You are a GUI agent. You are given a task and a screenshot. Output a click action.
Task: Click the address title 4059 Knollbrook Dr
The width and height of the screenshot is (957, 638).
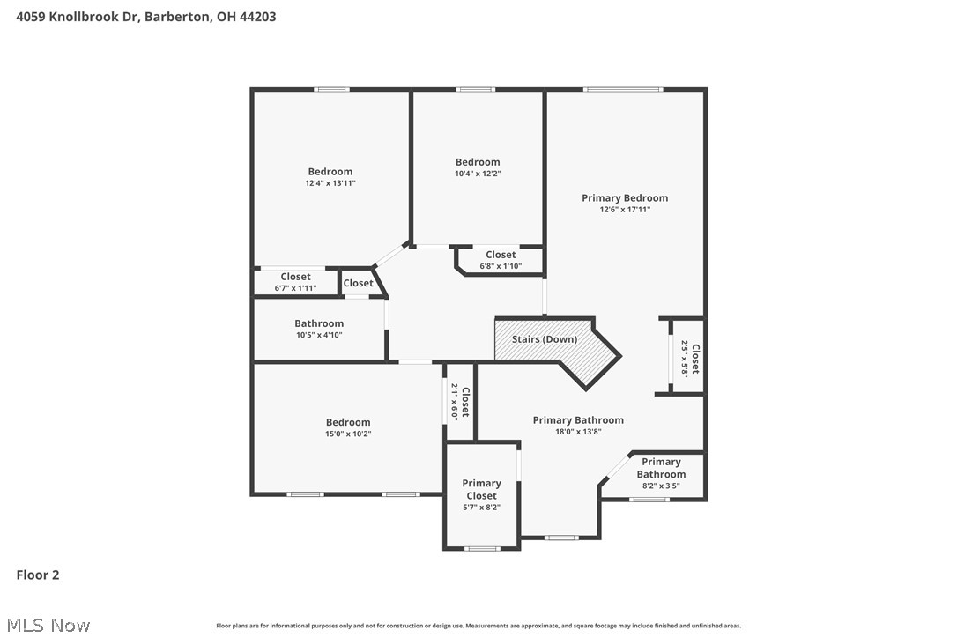tap(145, 16)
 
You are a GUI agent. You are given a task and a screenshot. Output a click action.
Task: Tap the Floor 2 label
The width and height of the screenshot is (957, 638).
tap(38, 575)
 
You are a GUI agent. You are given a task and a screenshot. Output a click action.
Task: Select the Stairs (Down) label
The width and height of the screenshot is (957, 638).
tap(545, 339)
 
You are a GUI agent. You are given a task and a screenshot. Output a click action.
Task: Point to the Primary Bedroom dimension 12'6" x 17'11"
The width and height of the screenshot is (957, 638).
tap(624, 210)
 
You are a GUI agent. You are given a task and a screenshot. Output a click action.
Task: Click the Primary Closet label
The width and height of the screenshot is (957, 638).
tap(481, 489)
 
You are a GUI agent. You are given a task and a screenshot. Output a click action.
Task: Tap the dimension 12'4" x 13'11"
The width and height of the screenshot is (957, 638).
tap(330, 183)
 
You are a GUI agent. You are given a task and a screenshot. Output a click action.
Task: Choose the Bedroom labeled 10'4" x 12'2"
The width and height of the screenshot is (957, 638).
tap(478, 162)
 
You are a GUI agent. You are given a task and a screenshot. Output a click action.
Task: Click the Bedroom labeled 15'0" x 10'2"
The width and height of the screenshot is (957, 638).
tap(348, 422)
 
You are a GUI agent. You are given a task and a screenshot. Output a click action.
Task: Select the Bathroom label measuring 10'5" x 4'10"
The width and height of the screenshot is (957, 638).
tap(319, 323)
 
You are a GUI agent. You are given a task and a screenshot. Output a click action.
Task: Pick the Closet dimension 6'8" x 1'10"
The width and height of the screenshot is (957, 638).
tap(501, 266)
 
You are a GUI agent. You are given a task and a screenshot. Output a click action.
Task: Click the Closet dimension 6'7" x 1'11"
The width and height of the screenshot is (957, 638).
tap(295, 288)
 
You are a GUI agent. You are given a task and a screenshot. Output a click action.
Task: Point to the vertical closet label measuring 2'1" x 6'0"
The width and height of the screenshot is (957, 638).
tap(455, 402)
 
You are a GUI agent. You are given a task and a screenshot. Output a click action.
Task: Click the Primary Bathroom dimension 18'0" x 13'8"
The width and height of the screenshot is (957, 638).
tap(578, 432)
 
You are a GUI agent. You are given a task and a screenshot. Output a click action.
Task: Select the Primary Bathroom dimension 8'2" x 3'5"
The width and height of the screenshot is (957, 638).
tap(661, 486)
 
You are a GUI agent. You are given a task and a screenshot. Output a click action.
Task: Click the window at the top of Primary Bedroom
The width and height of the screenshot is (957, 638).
tap(623, 89)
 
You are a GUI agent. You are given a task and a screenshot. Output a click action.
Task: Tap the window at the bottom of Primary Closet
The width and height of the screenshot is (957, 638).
tap(482, 549)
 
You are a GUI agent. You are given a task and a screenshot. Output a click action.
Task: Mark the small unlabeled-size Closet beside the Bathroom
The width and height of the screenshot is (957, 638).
tap(359, 283)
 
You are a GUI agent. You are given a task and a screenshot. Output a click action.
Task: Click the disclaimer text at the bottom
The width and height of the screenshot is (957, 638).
tap(478, 626)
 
